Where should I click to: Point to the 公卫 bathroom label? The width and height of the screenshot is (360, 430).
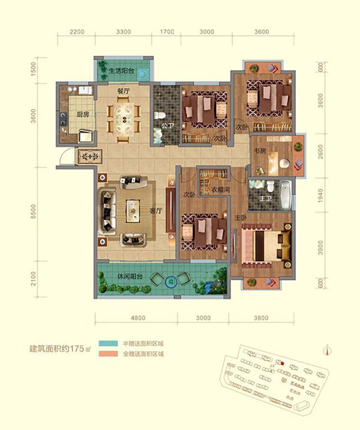[x=166, y=125]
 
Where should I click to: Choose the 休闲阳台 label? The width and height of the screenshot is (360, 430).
[x=130, y=276]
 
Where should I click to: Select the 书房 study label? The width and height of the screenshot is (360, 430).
[x=260, y=150]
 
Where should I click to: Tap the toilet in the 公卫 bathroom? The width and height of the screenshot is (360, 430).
[x=159, y=115]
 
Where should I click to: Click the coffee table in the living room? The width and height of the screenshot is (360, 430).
[x=133, y=209]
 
